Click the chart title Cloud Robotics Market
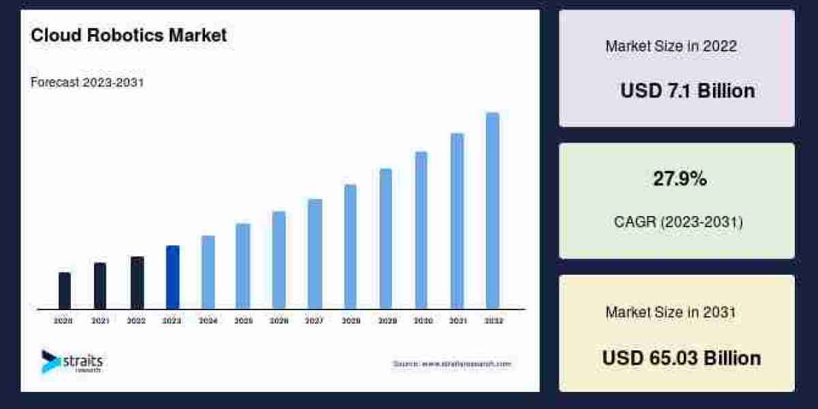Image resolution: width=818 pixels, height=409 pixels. click(128, 35)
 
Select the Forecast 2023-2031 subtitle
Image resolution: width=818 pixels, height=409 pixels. click(87, 82)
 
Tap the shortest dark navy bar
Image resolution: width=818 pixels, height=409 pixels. click(65, 290)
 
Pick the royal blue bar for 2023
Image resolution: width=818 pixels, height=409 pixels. click(172, 277)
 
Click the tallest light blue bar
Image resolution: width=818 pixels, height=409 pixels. click(492, 211)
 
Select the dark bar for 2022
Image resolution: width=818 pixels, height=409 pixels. click(137, 282)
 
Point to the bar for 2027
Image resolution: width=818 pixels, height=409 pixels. click(314, 254)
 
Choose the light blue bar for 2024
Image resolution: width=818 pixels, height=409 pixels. click(208, 272)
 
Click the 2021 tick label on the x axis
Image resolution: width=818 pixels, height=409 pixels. click(100, 320)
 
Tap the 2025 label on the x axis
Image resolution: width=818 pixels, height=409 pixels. click(243, 320)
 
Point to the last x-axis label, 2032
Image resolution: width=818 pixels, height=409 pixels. click(493, 320)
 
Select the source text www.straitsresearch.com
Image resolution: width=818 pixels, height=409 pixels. click(451, 364)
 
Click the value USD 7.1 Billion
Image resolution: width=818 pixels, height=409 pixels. click(687, 91)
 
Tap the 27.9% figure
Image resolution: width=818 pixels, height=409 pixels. click(680, 179)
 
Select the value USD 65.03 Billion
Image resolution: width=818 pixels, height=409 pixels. click(681, 358)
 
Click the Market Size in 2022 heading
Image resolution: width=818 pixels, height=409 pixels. click(671, 46)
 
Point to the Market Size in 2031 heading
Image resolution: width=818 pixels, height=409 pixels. click(671, 312)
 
